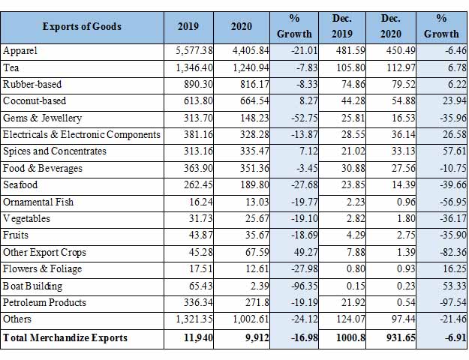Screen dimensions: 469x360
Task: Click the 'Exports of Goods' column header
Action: tap(82, 26)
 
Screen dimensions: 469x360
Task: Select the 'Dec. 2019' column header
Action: tap(342, 26)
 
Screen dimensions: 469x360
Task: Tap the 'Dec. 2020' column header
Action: tap(391, 26)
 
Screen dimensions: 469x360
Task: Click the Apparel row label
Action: tap(20, 50)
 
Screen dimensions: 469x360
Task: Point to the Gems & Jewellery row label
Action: tap(42, 118)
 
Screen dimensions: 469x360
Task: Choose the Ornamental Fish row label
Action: tap(38, 202)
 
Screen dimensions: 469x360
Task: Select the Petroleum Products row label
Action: tap(44, 302)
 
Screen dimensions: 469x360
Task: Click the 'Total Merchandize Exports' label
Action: tap(65, 337)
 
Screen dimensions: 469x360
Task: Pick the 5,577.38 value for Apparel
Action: tap(194, 50)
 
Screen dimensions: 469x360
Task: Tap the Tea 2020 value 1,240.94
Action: tap(251, 67)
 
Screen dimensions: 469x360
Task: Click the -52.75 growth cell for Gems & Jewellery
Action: tap(304, 118)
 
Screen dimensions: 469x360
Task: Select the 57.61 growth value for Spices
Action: tap(454, 151)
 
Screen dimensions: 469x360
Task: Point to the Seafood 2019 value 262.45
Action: tap(198, 184)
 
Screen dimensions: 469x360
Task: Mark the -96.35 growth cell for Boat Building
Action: tap(304, 286)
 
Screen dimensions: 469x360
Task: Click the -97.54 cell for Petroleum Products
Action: tap(452, 302)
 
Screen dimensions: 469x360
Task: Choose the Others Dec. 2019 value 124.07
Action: tap(350, 319)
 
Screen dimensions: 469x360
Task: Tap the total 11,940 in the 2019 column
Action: tap(198, 337)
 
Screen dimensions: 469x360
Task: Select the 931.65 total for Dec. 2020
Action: tap(401, 337)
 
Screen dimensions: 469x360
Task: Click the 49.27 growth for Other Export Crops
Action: tap(305, 252)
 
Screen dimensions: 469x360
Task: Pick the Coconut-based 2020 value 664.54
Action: tap(254, 100)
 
